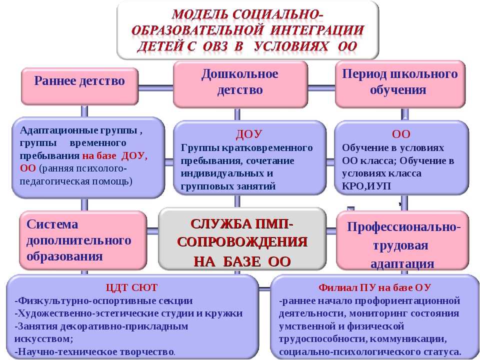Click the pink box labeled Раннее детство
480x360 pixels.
(x=79, y=86)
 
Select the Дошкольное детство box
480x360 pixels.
(x=240, y=84)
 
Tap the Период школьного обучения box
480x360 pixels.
(x=400, y=84)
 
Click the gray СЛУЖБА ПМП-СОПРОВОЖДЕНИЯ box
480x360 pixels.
(x=242, y=239)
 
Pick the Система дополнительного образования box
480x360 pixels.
(x=83, y=240)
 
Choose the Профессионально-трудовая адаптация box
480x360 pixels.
(x=402, y=240)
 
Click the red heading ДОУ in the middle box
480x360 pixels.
(x=249, y=134)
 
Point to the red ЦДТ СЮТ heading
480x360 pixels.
(x=131, y=288)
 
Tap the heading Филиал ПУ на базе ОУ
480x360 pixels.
(x=374, y=288)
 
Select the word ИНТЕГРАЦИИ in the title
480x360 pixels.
(x=317, y=30)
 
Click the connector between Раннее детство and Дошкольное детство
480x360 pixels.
(x=156, y=88)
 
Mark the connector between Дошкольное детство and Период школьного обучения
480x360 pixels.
(x=321, y=88)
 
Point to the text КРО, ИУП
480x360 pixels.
(x=366, y=186)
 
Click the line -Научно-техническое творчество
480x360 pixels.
(x=95, y=351)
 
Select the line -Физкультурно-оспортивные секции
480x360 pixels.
(x=103, y=300)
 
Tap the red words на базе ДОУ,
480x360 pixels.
(x=115, y=156)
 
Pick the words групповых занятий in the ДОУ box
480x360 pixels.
(x=228, y=186)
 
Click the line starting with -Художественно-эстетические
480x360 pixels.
(x=128, y=313)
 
